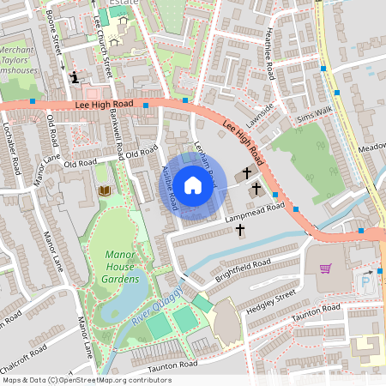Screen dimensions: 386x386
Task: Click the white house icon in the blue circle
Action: coord(193,184)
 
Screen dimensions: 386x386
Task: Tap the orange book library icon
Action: coord(106,190)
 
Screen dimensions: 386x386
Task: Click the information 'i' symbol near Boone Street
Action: coord(74,77)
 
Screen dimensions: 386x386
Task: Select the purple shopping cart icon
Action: coord(325,268)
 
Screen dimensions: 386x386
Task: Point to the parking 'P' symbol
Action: coord(366,280)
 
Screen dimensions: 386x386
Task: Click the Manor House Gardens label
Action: coord(121,266)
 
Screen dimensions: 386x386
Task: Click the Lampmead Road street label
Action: coord(255,211)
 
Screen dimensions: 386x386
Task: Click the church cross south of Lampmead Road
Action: coord(239,230)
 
